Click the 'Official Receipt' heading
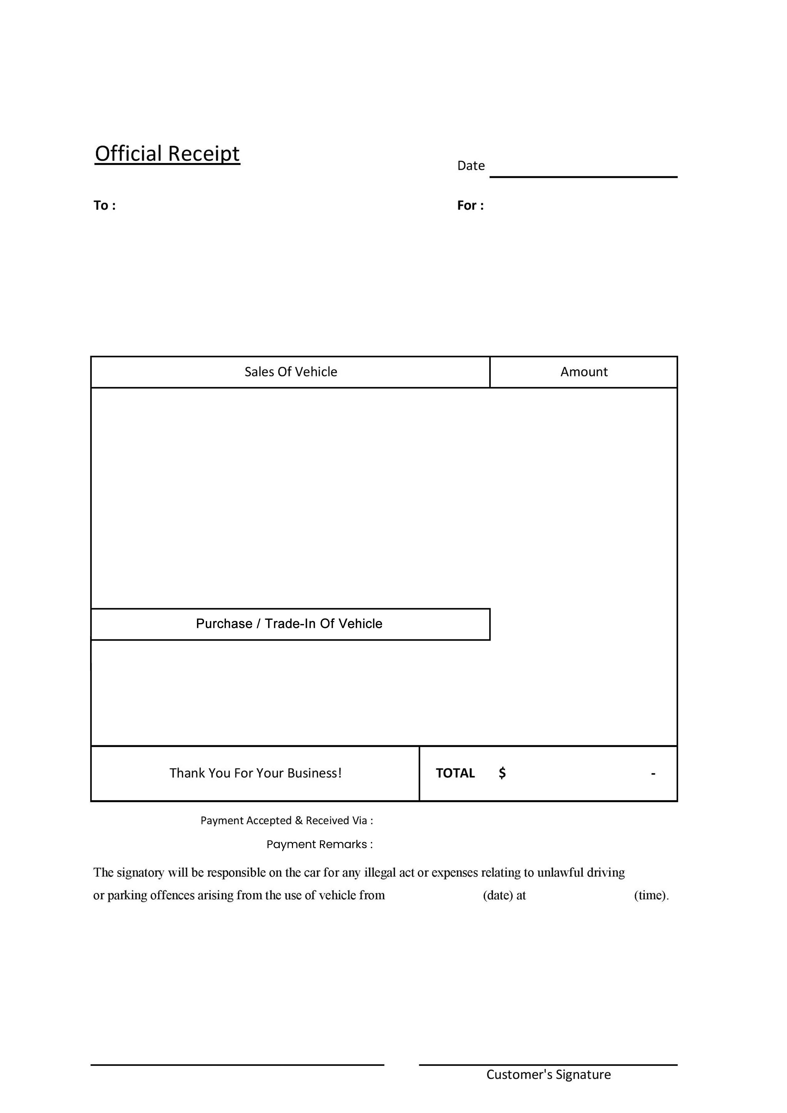(x=167, y=154)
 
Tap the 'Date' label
(x=471, y=166)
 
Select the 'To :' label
(x=104, y=206)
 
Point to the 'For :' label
(x=470, y=206)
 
